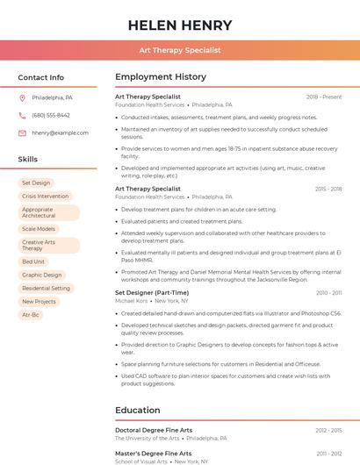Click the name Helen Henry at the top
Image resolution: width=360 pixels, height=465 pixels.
[180, 25]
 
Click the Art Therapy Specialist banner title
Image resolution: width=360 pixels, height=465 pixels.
[180, 50]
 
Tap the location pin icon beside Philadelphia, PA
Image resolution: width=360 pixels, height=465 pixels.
[22, 97]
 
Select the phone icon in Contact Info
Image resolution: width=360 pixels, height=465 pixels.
[22, 115]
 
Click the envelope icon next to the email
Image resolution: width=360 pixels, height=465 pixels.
[22, 133]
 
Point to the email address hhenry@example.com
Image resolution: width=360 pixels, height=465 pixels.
[60, 133]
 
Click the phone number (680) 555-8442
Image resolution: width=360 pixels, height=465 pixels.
[51, 115]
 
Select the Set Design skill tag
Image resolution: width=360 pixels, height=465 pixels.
[36, 182]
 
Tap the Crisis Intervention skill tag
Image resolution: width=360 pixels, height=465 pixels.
[45, 197]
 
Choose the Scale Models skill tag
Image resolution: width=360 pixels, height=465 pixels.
[39, 229]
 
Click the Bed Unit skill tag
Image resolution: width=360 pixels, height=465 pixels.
[33, 261]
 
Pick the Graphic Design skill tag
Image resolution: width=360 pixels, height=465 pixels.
[42, 275]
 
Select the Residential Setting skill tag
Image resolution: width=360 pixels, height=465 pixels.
[46, 288]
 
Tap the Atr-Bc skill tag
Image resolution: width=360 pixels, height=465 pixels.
[31, 314]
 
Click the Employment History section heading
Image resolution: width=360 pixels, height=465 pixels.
[161, 77]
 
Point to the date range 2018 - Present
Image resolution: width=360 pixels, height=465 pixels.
[324, 97]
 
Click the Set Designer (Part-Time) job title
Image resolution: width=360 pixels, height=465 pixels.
[152, 292]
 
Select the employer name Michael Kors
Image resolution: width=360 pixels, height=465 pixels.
[132, 301]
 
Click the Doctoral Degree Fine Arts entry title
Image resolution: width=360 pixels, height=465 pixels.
[154, 430]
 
